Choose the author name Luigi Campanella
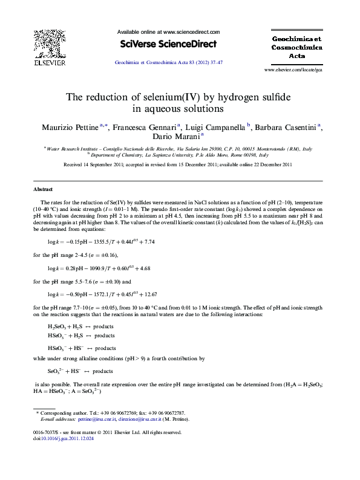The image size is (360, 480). click(215, 128)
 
